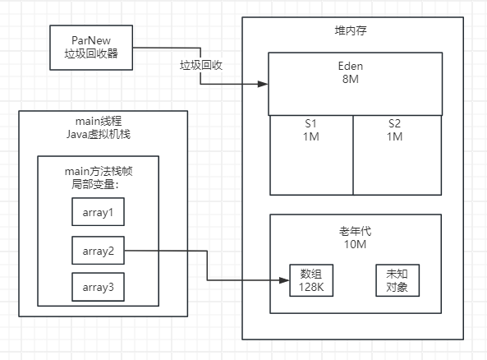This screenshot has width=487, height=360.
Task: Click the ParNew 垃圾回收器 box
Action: click(90, 47)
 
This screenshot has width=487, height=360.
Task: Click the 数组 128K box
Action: click(310, 280)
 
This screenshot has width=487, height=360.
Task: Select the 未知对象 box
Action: click(397, 280)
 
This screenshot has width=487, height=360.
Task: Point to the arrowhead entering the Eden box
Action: click(264, 84)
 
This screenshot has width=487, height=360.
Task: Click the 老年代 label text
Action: click(356, 230)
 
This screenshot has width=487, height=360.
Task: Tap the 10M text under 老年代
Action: click(356, 244)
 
